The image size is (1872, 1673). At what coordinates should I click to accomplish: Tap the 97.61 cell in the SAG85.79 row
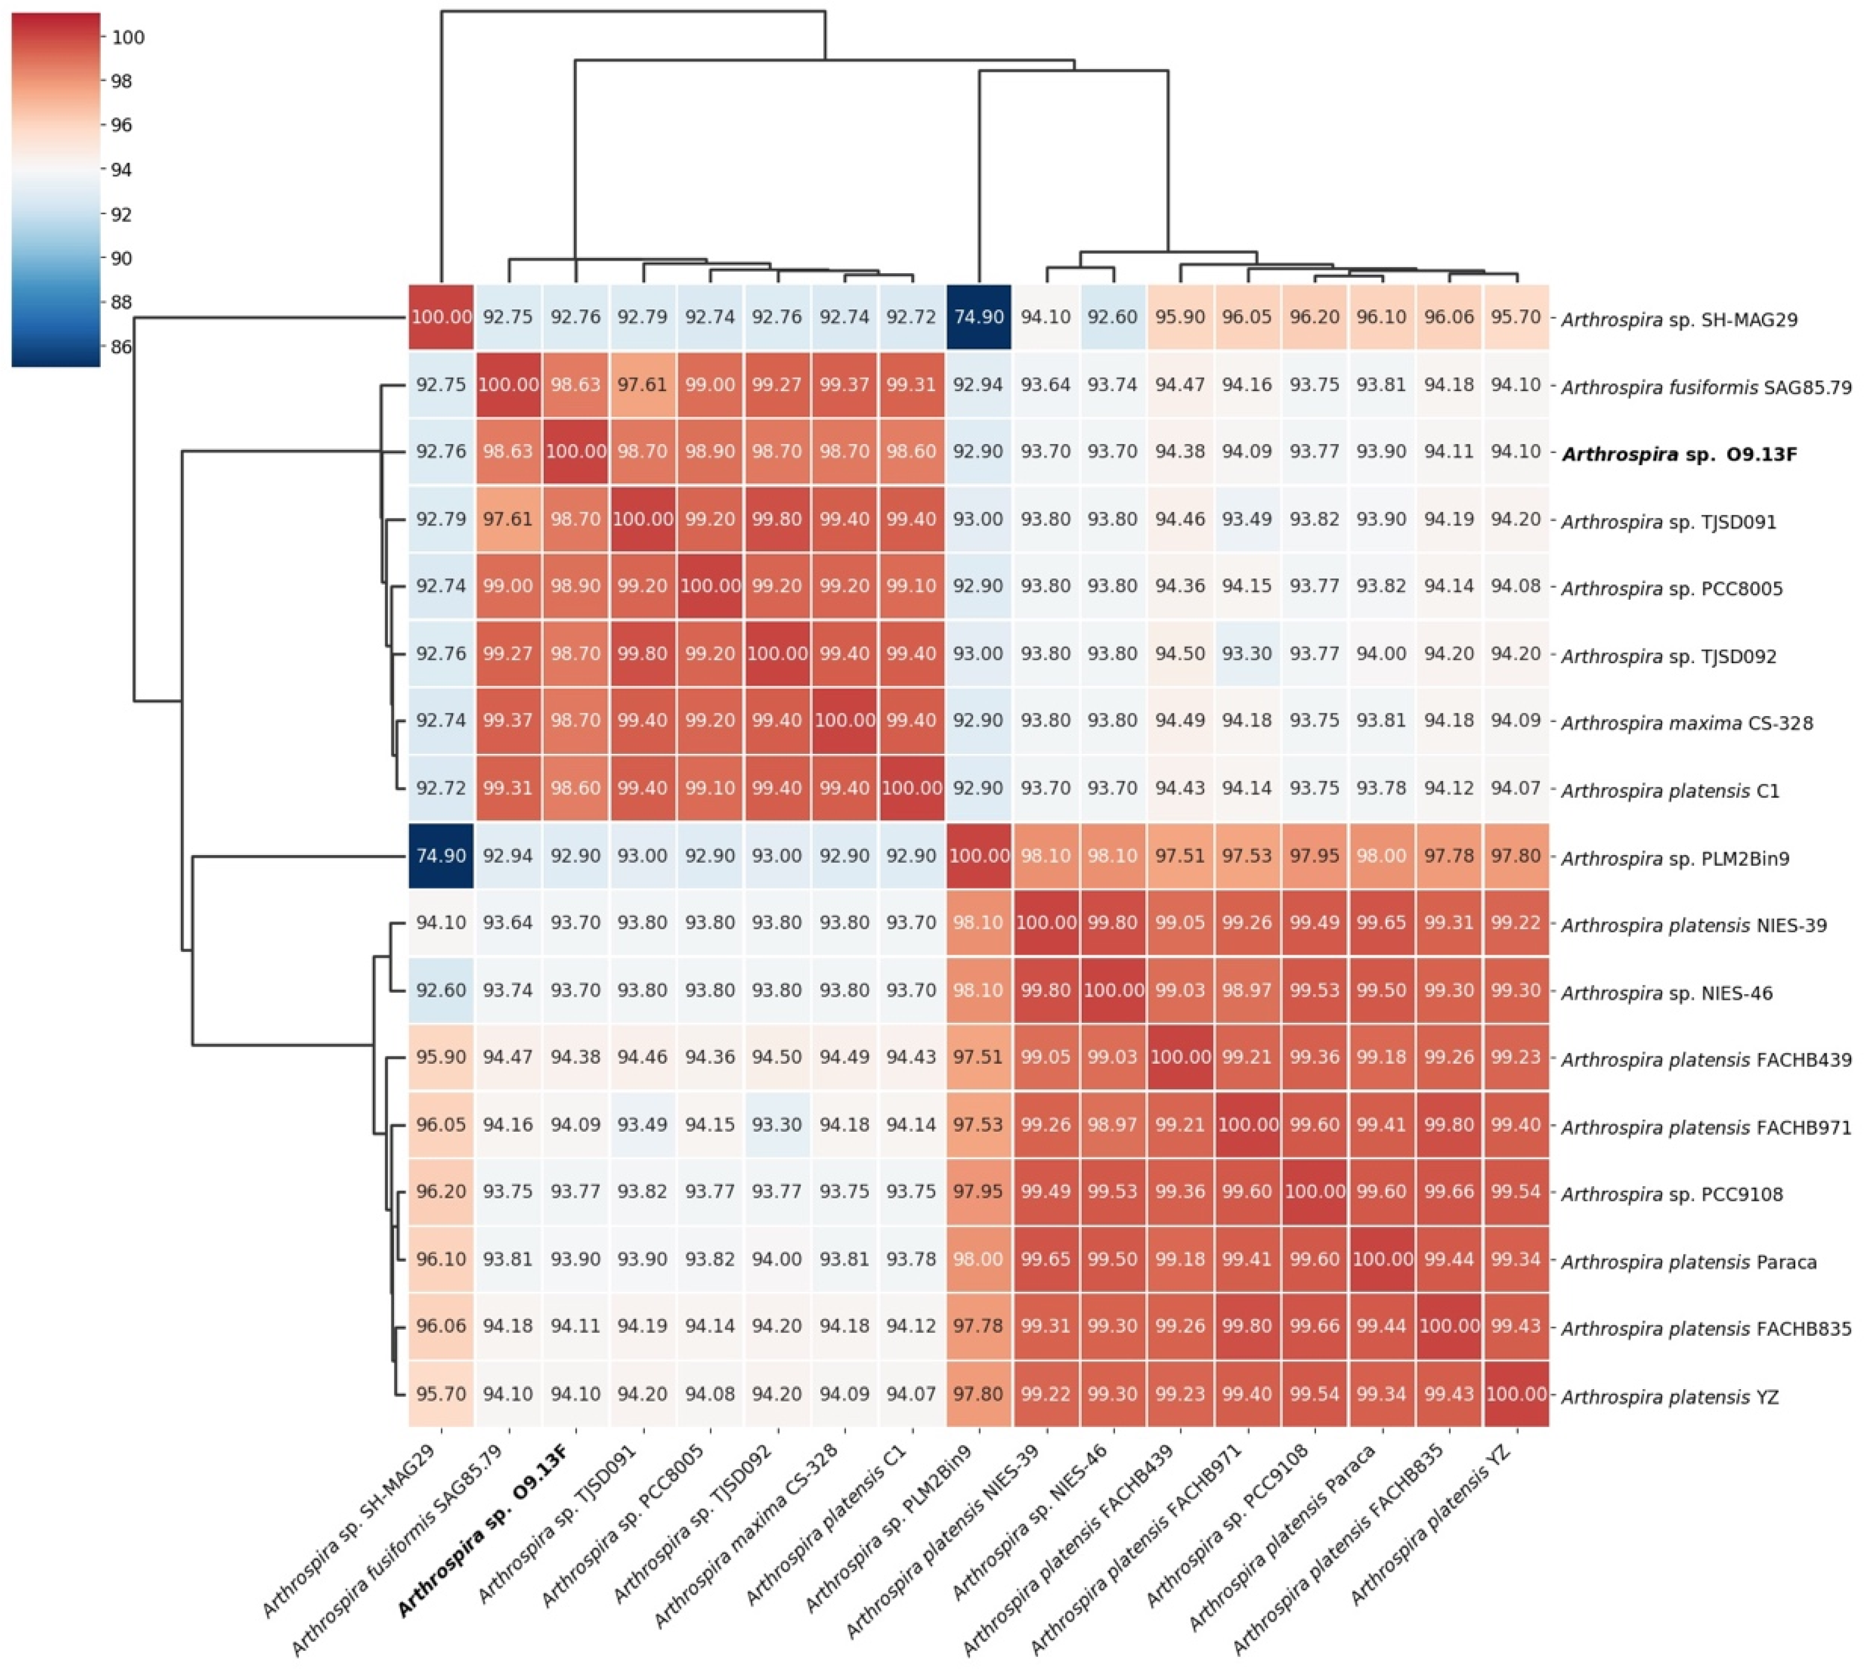coord(643,384)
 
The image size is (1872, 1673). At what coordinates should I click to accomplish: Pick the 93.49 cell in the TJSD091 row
coord(1247,519)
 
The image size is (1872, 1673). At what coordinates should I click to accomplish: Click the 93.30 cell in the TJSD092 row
coord(1247,654)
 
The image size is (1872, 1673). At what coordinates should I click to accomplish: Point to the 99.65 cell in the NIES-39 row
coord(1381,923)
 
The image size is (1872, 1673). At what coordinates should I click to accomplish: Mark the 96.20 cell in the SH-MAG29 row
coord(1314,317)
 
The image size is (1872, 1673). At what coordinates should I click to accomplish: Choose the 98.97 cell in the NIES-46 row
coord(1247,990)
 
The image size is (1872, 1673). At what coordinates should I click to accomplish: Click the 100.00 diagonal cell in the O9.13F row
coord(575,451)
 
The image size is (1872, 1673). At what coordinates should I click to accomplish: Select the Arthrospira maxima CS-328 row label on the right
coord(1686,723)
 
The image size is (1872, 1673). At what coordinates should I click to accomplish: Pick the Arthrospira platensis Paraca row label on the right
coord(1688,1262)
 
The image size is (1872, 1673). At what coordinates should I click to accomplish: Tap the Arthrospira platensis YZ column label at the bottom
coord(1435,1527)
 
